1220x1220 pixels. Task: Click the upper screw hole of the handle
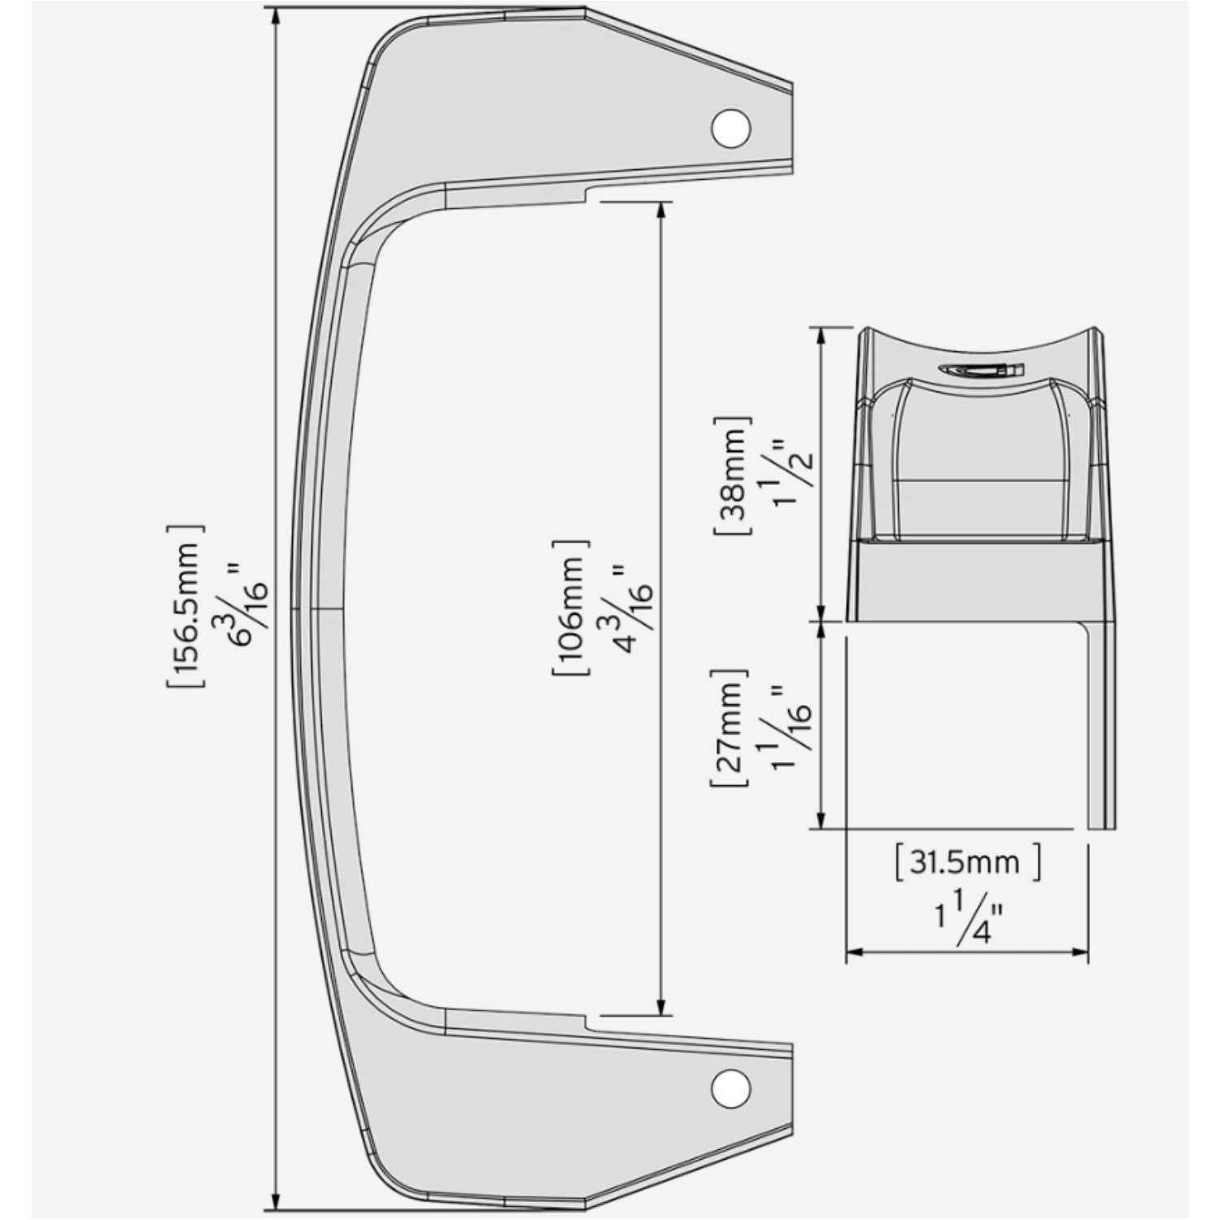pos(730,128)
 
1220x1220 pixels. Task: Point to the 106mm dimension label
pos(570,607)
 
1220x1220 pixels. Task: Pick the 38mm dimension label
pos(732,475)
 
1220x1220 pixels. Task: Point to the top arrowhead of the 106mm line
pos(661,210)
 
